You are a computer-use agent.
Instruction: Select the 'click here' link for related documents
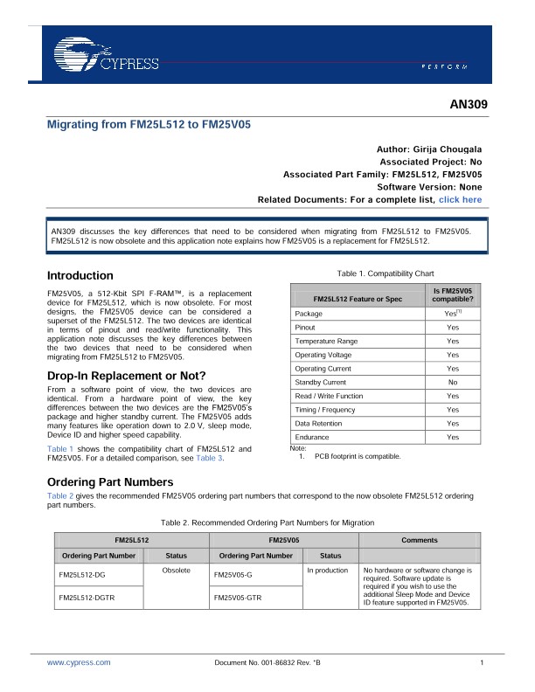click(460, 199)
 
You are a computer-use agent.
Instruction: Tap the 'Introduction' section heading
click(80, 275)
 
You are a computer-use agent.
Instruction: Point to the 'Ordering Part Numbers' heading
click(110, 482)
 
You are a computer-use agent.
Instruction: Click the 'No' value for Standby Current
click(452, 382)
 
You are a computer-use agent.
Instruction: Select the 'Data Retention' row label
click(320, 423)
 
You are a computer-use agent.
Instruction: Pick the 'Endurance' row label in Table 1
click(312, 437)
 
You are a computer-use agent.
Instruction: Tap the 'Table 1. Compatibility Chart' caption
click(379, 273)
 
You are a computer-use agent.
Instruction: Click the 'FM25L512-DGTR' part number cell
click(87, 597)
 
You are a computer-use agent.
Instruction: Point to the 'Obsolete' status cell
click(177, 570)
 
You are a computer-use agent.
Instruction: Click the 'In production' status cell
click(328, 570)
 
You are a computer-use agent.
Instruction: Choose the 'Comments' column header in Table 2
click(419, 540)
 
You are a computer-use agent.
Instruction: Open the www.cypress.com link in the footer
click(79, 663)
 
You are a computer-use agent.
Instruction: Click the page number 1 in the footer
click(482, 663)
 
